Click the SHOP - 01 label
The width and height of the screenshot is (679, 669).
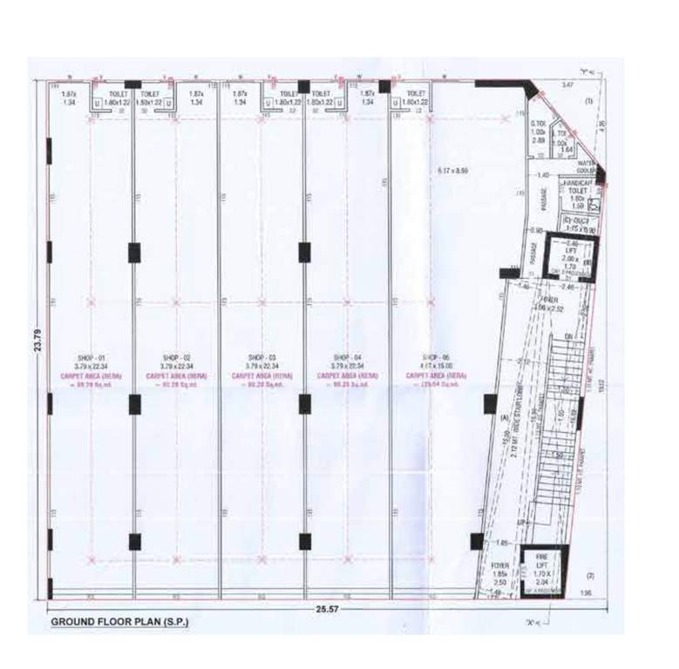91,357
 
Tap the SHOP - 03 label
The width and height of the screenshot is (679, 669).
261,357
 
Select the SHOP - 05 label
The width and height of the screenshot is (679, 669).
434,357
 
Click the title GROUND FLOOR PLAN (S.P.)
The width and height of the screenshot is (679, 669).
119,622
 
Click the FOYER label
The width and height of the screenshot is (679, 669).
499,565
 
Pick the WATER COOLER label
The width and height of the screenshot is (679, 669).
586,166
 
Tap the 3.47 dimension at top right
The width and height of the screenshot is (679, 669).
567,84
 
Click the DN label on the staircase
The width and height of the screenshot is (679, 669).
567,335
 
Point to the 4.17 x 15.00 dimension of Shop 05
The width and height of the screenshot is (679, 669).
434,367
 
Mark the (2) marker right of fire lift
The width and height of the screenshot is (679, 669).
589,575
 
